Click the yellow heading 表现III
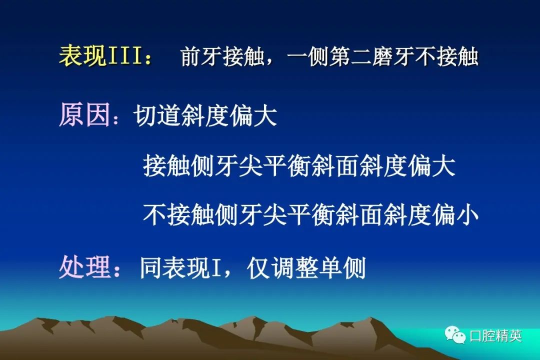pyautogui.click(x=100, y=55)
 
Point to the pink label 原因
pyautogui.click(x=84, y=114)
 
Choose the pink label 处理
pyautogui.click(x=84, y=267)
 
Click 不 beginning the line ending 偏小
pyautogui.click(x=154, y=215)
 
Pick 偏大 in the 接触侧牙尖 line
pyautogui.click(x=432, y=165)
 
